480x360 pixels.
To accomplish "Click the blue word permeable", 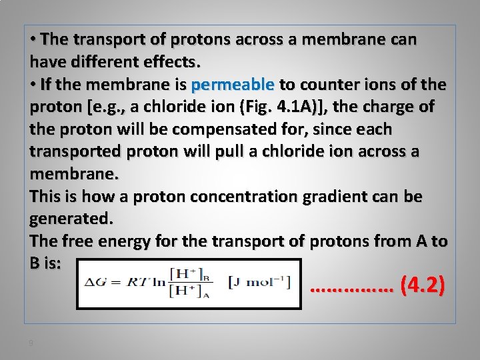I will (x=233, y=85).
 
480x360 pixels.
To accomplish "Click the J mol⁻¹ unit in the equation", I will (x=260, y=281).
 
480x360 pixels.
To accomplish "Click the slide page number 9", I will (x=31, y=343).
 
